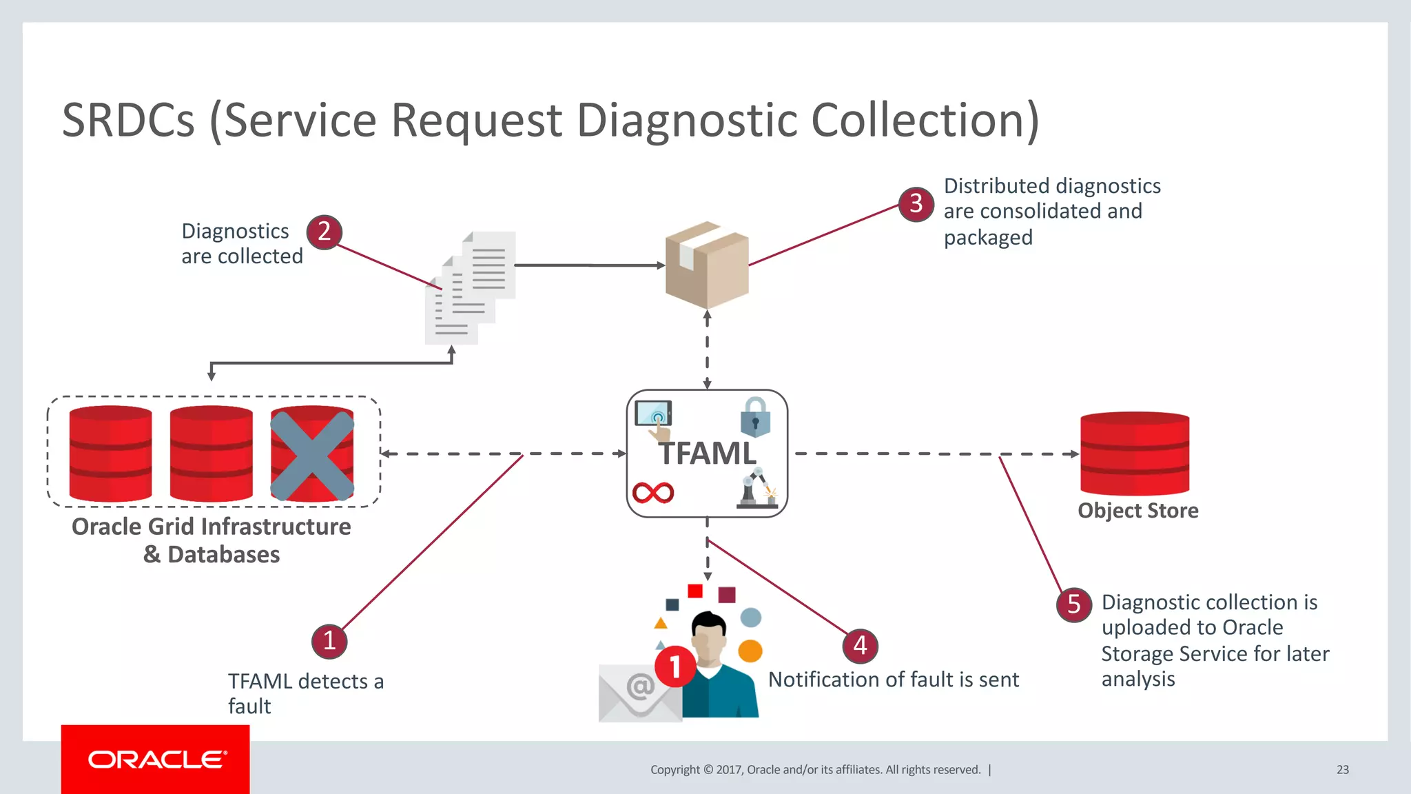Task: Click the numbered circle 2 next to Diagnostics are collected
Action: pyautogui.click(x=325, y=232)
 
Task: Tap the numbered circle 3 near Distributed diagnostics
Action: pyautogui.click(x=916, y=204)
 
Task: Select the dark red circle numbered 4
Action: pyautogui.click(x=860, y=646)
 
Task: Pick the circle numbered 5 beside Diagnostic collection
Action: pyautogui.click(x=1073, y=604)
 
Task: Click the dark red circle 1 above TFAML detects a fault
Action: pyautogui.click(x=329, y=641)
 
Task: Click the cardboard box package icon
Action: pyautogui.click(x=707, y=265)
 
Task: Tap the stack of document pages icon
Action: pyautogui.click(x=471, y=288)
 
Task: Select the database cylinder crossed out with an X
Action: pyautogui.click(x=312, y=454)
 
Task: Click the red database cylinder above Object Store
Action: pyautogui.click(x=1135, y=454)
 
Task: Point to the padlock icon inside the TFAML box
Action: pyautogui.click(x=755, y=417)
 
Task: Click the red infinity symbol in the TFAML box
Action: pyautogui.click(x=653, y=493)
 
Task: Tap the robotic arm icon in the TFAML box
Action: pyautogui.click(x=756, y=489)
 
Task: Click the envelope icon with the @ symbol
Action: pyautogui.click(x=639, y=693)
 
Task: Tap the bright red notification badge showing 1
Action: pyautogui.click(x=675, y=666)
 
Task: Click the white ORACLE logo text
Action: pyautogui.click(x=157, y=760)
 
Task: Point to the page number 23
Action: pyautogui.click(x=1342, y=770)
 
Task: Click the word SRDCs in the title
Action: pyautogui.click(x=129, y=121)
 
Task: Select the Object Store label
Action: pyautogui.click(x=1137, y=511)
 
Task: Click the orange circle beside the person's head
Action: pyautogui.click(x=750, y=651)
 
